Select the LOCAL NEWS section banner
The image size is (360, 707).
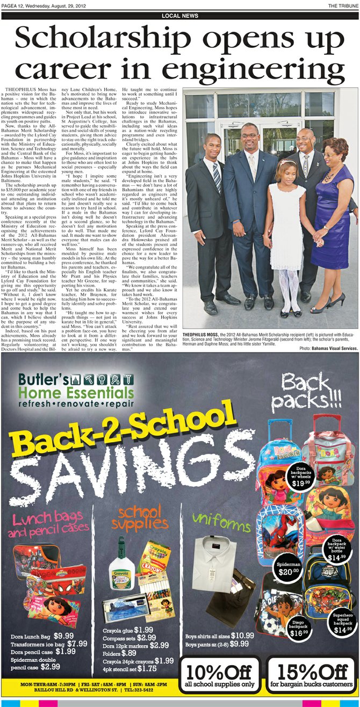click(x=179, y=16)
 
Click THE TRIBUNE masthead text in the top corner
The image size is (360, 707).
click(x=343, y=5)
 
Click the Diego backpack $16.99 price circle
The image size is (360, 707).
click(x=299, y=630)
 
